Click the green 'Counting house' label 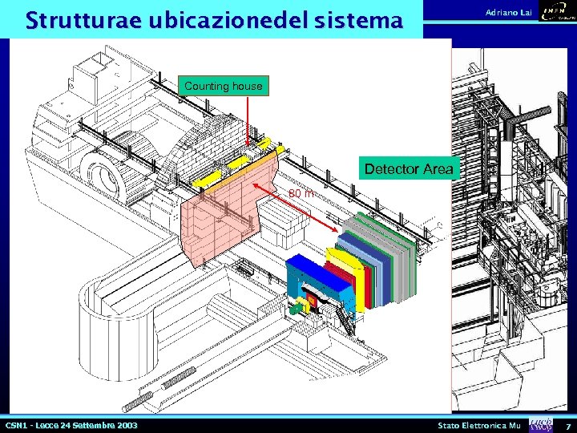point(223,85)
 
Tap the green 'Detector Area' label point(409,169)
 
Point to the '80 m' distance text point(301,193)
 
